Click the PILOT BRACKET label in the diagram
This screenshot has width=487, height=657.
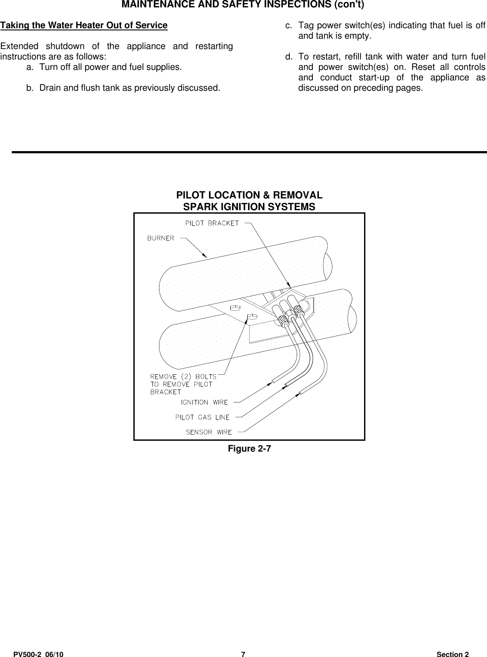point(212,223)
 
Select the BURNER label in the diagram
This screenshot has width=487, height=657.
point(160,238)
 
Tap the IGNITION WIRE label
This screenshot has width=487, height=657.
point(204,402)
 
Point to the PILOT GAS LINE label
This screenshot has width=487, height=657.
point(202,417)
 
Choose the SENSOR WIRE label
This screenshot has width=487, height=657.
point(209,432)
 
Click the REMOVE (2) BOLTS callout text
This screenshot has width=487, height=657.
point(183,376)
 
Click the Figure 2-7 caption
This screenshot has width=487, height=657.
point(249,449)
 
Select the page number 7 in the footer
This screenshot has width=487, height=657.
point(243,654)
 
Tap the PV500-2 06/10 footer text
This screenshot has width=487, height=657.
point(38,654)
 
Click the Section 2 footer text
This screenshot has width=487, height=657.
point(453,654)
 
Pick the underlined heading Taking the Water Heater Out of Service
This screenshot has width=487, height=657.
point(84,25)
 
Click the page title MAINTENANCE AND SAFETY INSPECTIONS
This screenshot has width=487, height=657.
point(243,5)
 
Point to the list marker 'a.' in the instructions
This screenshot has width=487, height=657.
point(30,67)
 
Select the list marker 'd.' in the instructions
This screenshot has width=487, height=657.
point(288,57)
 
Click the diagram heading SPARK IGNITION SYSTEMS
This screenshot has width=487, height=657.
point(249,207)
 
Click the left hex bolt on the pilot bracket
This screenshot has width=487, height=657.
point(234,308)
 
